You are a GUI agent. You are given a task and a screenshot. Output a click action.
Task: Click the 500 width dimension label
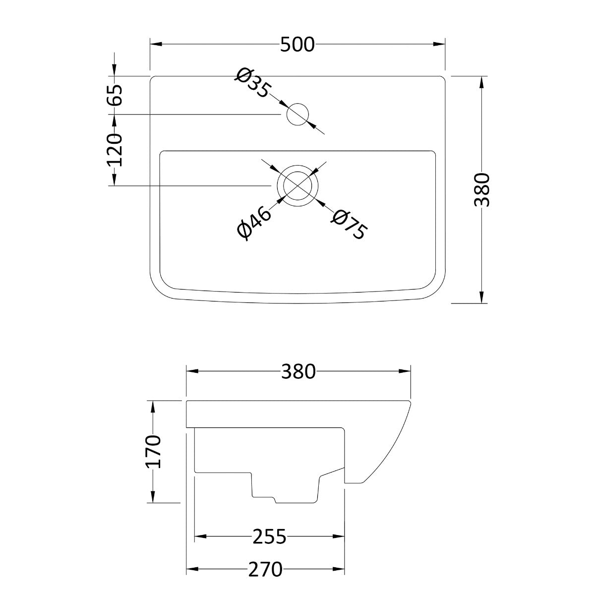297,45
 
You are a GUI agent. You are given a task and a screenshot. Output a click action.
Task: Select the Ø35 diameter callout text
253,83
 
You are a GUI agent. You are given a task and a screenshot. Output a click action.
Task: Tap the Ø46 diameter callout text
255,223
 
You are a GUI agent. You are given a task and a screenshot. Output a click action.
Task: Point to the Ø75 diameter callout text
350,225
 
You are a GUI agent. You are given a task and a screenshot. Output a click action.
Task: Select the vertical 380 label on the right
481,190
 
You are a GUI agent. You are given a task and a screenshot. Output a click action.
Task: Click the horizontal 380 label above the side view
298,371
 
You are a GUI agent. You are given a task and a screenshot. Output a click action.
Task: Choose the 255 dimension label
269,536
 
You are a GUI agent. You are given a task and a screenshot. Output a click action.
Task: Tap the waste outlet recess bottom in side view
295,502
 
